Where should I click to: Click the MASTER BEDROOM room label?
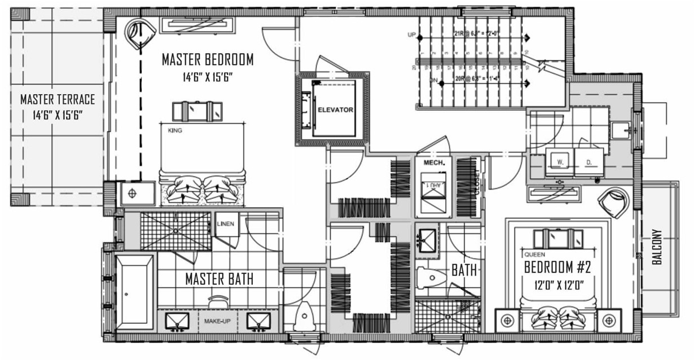pyautogui.click(x=208, y=59)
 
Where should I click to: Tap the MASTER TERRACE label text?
pyautogui.click(x=58, y=100)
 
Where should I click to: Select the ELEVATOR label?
pyautogui.click(x=335, y=110)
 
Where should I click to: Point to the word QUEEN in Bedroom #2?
pyautogui.click(x=535, y=253)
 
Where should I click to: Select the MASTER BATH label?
pyautogui.click(x=219, y=279)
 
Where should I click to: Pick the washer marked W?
pyautogui.click(x=561, y=163)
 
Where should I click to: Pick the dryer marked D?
pyautogui.click(x=588, y=163)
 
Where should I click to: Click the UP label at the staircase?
pyautogui.click(x=411, y=35)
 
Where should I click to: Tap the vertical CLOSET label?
pyautogui.click(x=477, y=182)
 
